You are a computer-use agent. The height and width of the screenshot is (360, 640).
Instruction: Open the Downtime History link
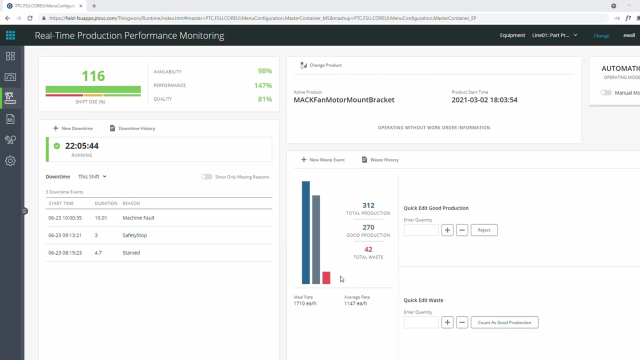(132, 128)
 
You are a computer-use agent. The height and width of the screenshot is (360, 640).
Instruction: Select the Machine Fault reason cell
(138, 218)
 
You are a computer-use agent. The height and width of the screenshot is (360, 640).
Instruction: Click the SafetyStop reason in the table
(134, 235)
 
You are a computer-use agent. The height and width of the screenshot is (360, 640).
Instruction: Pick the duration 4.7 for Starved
(98, 253)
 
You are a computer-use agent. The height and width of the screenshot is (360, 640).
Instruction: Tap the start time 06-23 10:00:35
(65, 218)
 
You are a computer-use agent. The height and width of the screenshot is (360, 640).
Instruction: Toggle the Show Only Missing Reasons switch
(206, 177)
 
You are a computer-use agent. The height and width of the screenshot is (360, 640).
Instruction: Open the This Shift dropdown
(92, 177)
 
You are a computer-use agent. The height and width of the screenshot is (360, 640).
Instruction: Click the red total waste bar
(326, 278)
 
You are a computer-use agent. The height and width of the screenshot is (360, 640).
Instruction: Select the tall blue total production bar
(305, 232)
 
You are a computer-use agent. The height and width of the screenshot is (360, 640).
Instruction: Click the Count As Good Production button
(504, 322)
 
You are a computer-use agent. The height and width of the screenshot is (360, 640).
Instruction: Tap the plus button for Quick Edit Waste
(447, 322)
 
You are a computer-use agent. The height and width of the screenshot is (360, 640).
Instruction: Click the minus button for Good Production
(462, 230)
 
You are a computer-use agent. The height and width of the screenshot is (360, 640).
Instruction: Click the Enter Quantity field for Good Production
(421, 230)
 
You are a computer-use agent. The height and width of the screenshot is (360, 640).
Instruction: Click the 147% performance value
(262, 85)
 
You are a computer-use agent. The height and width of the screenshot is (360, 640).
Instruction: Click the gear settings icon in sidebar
(10, 161)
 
